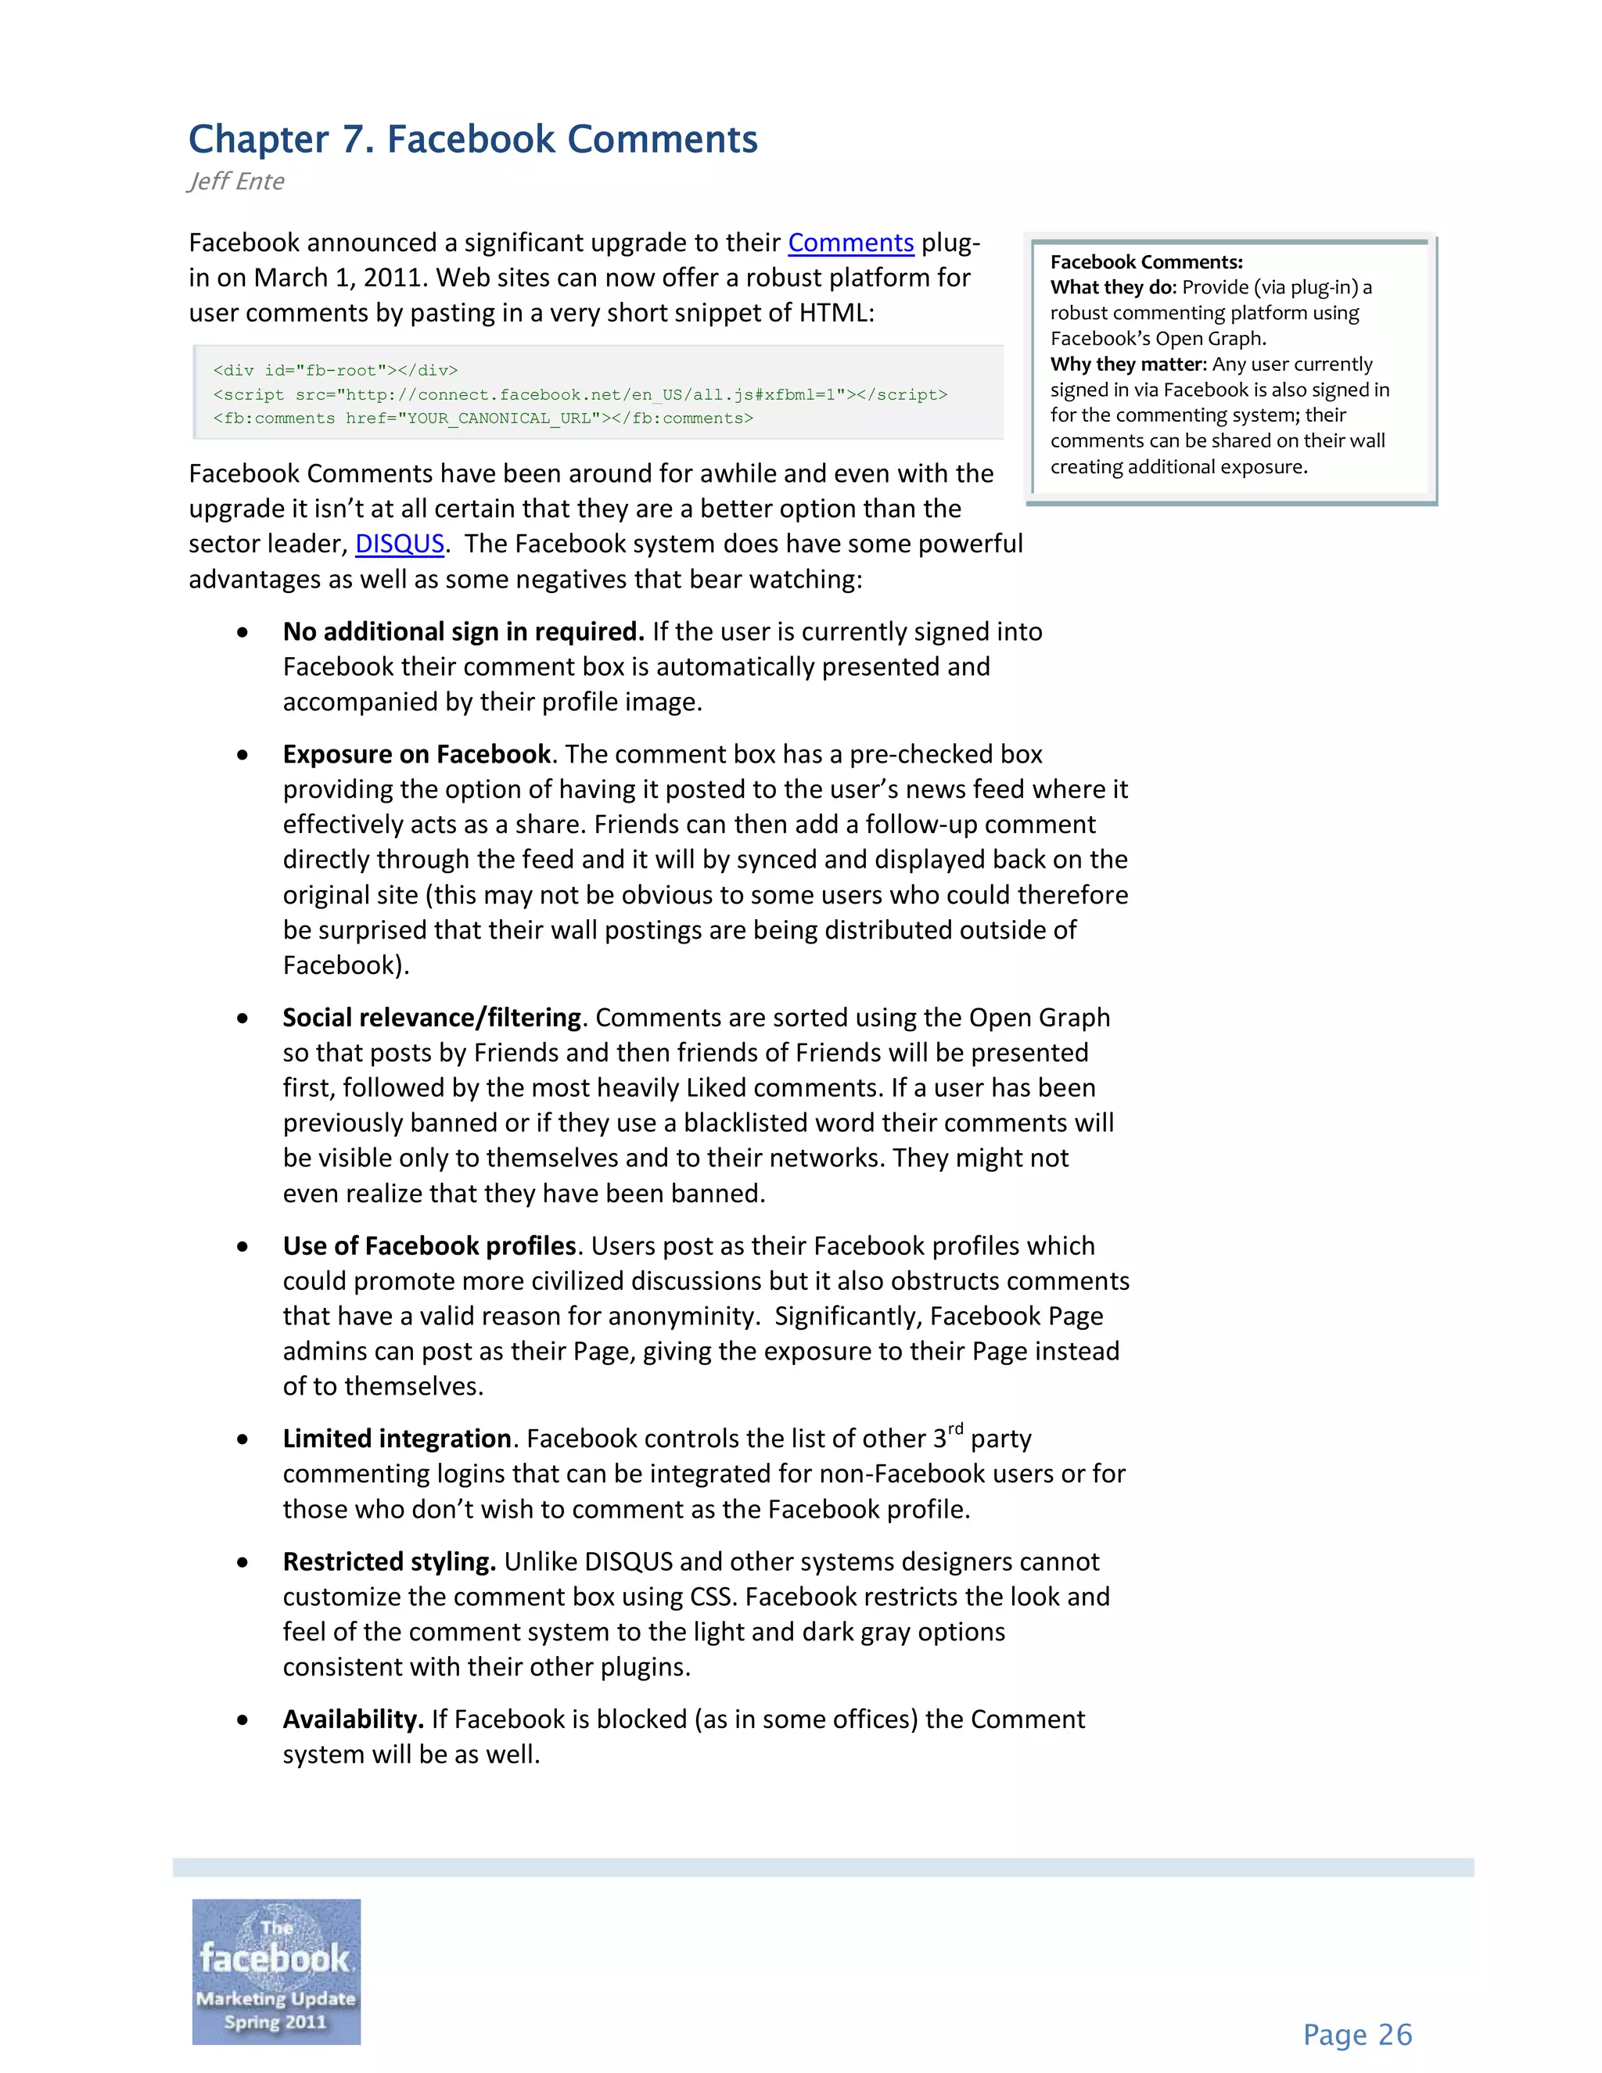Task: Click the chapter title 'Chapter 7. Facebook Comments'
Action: (472, 139)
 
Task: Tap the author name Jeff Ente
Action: (236, 181)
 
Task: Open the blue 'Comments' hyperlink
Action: (850, 243)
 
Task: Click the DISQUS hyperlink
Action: (400, 544)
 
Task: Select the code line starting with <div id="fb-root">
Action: (335, 370)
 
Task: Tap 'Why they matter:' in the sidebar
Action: (1127, 365)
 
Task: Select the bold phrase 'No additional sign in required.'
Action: (463, 632)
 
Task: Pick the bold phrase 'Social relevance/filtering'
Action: (431, 1018)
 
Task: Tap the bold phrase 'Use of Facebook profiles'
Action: (429, 1246)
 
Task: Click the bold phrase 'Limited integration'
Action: (397, 1439)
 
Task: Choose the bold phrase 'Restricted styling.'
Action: (389, 1562)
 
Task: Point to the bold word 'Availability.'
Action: (353, 1720)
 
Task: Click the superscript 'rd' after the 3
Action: (955, 1428)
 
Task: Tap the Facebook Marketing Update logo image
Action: (276, 1971)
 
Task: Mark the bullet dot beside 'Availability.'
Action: (243, 1720)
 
